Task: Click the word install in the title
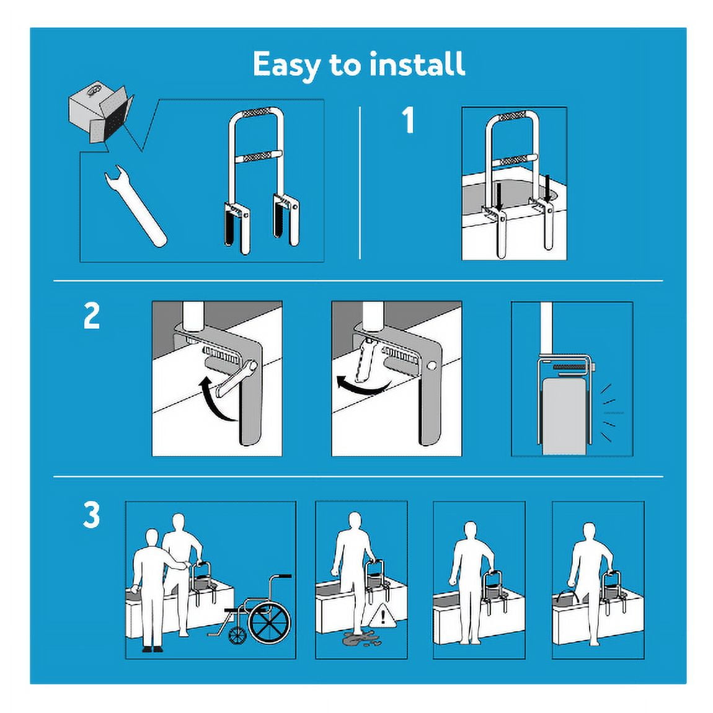click(417, 63)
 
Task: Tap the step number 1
click(409, 120)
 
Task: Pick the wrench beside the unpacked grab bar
click(135, 206)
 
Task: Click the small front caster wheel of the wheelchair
click(237, 635)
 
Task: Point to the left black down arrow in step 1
click(499, 197)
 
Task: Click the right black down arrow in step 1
click(547, 189)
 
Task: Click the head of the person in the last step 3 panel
click(589, 531)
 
